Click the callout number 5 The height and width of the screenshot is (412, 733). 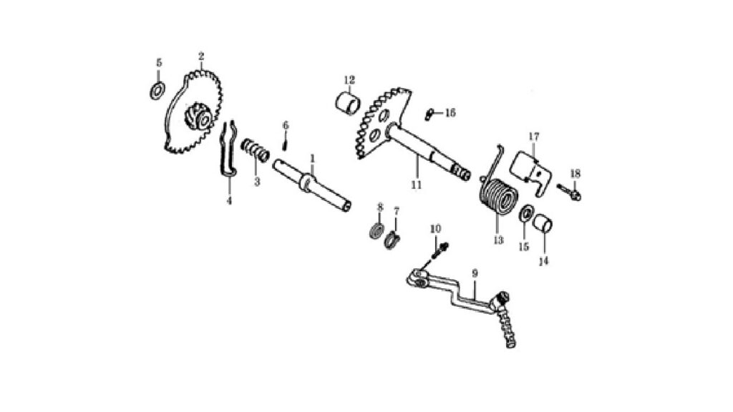[158, 63]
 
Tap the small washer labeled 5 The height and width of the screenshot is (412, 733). [157, 91]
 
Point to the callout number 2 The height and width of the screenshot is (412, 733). [201, 57]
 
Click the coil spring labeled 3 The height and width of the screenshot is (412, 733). [256, 150]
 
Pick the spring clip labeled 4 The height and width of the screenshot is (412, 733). [228, 149]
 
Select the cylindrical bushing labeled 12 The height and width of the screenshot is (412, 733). [349, 103]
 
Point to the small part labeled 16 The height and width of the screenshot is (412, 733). [430, 114]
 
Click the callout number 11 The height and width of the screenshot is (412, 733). [416, 185]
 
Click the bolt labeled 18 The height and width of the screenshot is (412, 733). [569, 192]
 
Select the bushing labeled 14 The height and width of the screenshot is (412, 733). [543, 224]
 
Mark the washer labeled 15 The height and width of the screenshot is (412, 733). [526, 212]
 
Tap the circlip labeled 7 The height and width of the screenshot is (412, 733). [393, 240]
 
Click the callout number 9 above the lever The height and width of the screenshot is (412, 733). [475, 273]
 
